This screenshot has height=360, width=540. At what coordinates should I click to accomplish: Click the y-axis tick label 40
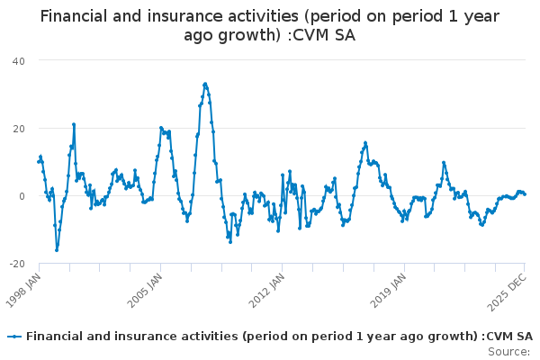point(18,60)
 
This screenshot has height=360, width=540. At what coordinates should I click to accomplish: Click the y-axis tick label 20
point(18,128)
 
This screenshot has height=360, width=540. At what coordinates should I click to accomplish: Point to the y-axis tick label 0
point(22,196)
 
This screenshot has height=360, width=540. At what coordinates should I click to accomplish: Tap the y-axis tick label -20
point(16,264)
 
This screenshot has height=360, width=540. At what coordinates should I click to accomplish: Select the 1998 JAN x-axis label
point(23,289)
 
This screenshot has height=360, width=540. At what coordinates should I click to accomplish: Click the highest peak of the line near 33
point(205,84)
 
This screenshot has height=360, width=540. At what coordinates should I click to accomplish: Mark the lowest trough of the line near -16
point(57,250)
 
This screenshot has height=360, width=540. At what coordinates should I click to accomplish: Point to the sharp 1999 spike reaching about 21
point(74,124)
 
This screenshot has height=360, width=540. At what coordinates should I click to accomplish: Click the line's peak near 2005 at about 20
point(161,128)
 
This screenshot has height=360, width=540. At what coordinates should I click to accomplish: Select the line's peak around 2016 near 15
point(365,142)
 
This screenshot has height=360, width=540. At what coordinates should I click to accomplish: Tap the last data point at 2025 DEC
point(525,193)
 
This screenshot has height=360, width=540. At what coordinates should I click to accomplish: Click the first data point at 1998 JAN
point(38,162)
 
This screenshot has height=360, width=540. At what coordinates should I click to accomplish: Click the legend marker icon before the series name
point(14,336)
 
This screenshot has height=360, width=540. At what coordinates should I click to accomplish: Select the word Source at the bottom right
point(508,351)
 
